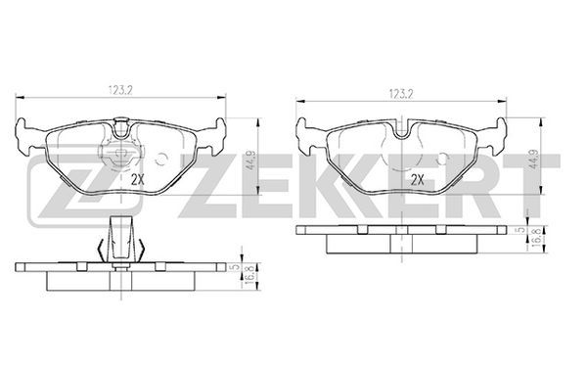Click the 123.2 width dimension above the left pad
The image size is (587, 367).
(121, 90)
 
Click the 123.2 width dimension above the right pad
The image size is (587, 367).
(401, 94)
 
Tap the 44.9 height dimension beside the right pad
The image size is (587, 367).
(534, 161)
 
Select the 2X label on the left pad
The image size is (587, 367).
(138, 180)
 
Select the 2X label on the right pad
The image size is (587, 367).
(418, 180)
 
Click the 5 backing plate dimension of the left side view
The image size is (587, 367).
(236, 267)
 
